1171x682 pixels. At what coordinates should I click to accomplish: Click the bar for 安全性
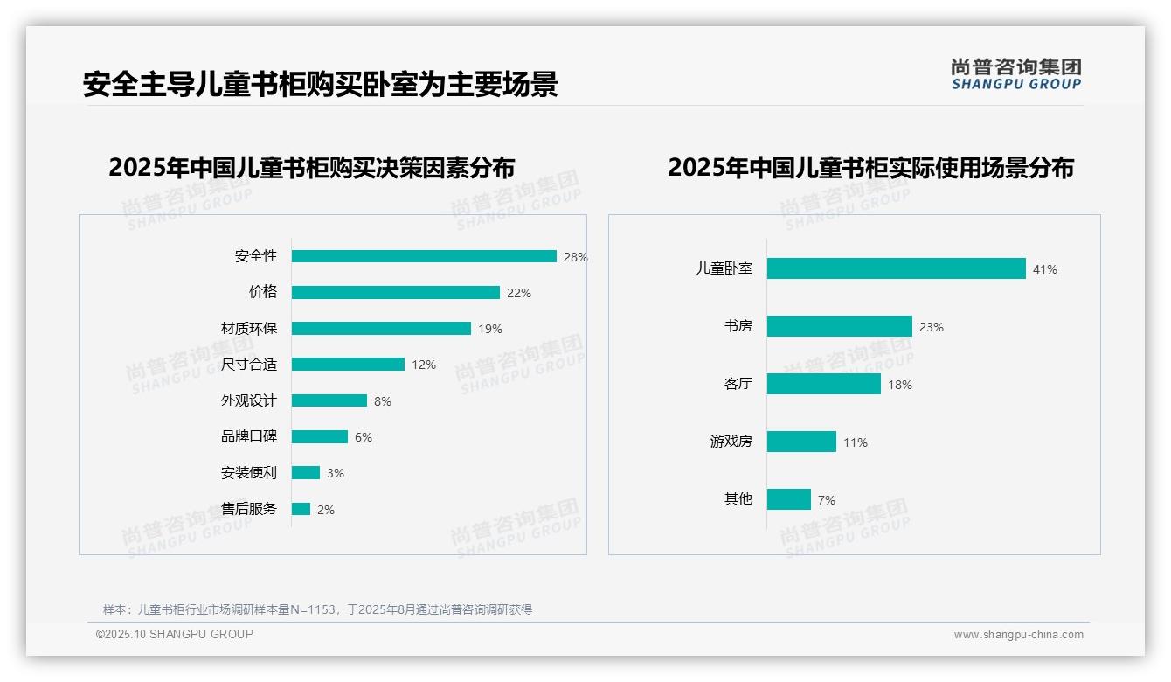(x=424, y=256)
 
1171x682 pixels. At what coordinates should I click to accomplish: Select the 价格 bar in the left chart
(x=396, y=293)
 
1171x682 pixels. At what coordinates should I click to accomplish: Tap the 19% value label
(x=490, y=329)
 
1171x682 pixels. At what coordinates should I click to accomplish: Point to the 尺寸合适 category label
(x=248, y=365)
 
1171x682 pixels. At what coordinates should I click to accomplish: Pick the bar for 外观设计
(x=329, y=400)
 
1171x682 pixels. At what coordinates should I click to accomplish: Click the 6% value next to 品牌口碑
(x=363, y=437)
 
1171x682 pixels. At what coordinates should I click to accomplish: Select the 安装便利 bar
(x=306, y=473)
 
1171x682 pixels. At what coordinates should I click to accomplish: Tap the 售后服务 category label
(x=248, y=509)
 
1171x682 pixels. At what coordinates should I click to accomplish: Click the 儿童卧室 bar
(x=896, y=268)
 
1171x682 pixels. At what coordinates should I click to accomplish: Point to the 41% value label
(x=1044, y=269)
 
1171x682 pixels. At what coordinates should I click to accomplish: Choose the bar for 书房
(x=839, y=326)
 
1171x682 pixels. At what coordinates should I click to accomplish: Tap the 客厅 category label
(x=738, y=384)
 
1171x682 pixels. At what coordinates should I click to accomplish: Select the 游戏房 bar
(x=801, y=442)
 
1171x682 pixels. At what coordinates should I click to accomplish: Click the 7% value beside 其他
(x=826, y=500)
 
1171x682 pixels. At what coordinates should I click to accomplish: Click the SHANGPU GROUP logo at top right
(x=1015, y=73)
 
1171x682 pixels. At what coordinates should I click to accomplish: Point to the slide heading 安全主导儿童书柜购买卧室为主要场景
(x=320, y=85)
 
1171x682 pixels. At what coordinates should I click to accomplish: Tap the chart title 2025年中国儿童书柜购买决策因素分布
(x=312, y=167)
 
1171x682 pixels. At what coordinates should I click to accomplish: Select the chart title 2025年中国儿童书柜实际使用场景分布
(x=870, y=167)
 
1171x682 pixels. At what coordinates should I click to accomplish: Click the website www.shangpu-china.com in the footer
(x=1018, y=635)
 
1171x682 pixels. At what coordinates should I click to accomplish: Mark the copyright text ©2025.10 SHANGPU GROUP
(x=174, y=634)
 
